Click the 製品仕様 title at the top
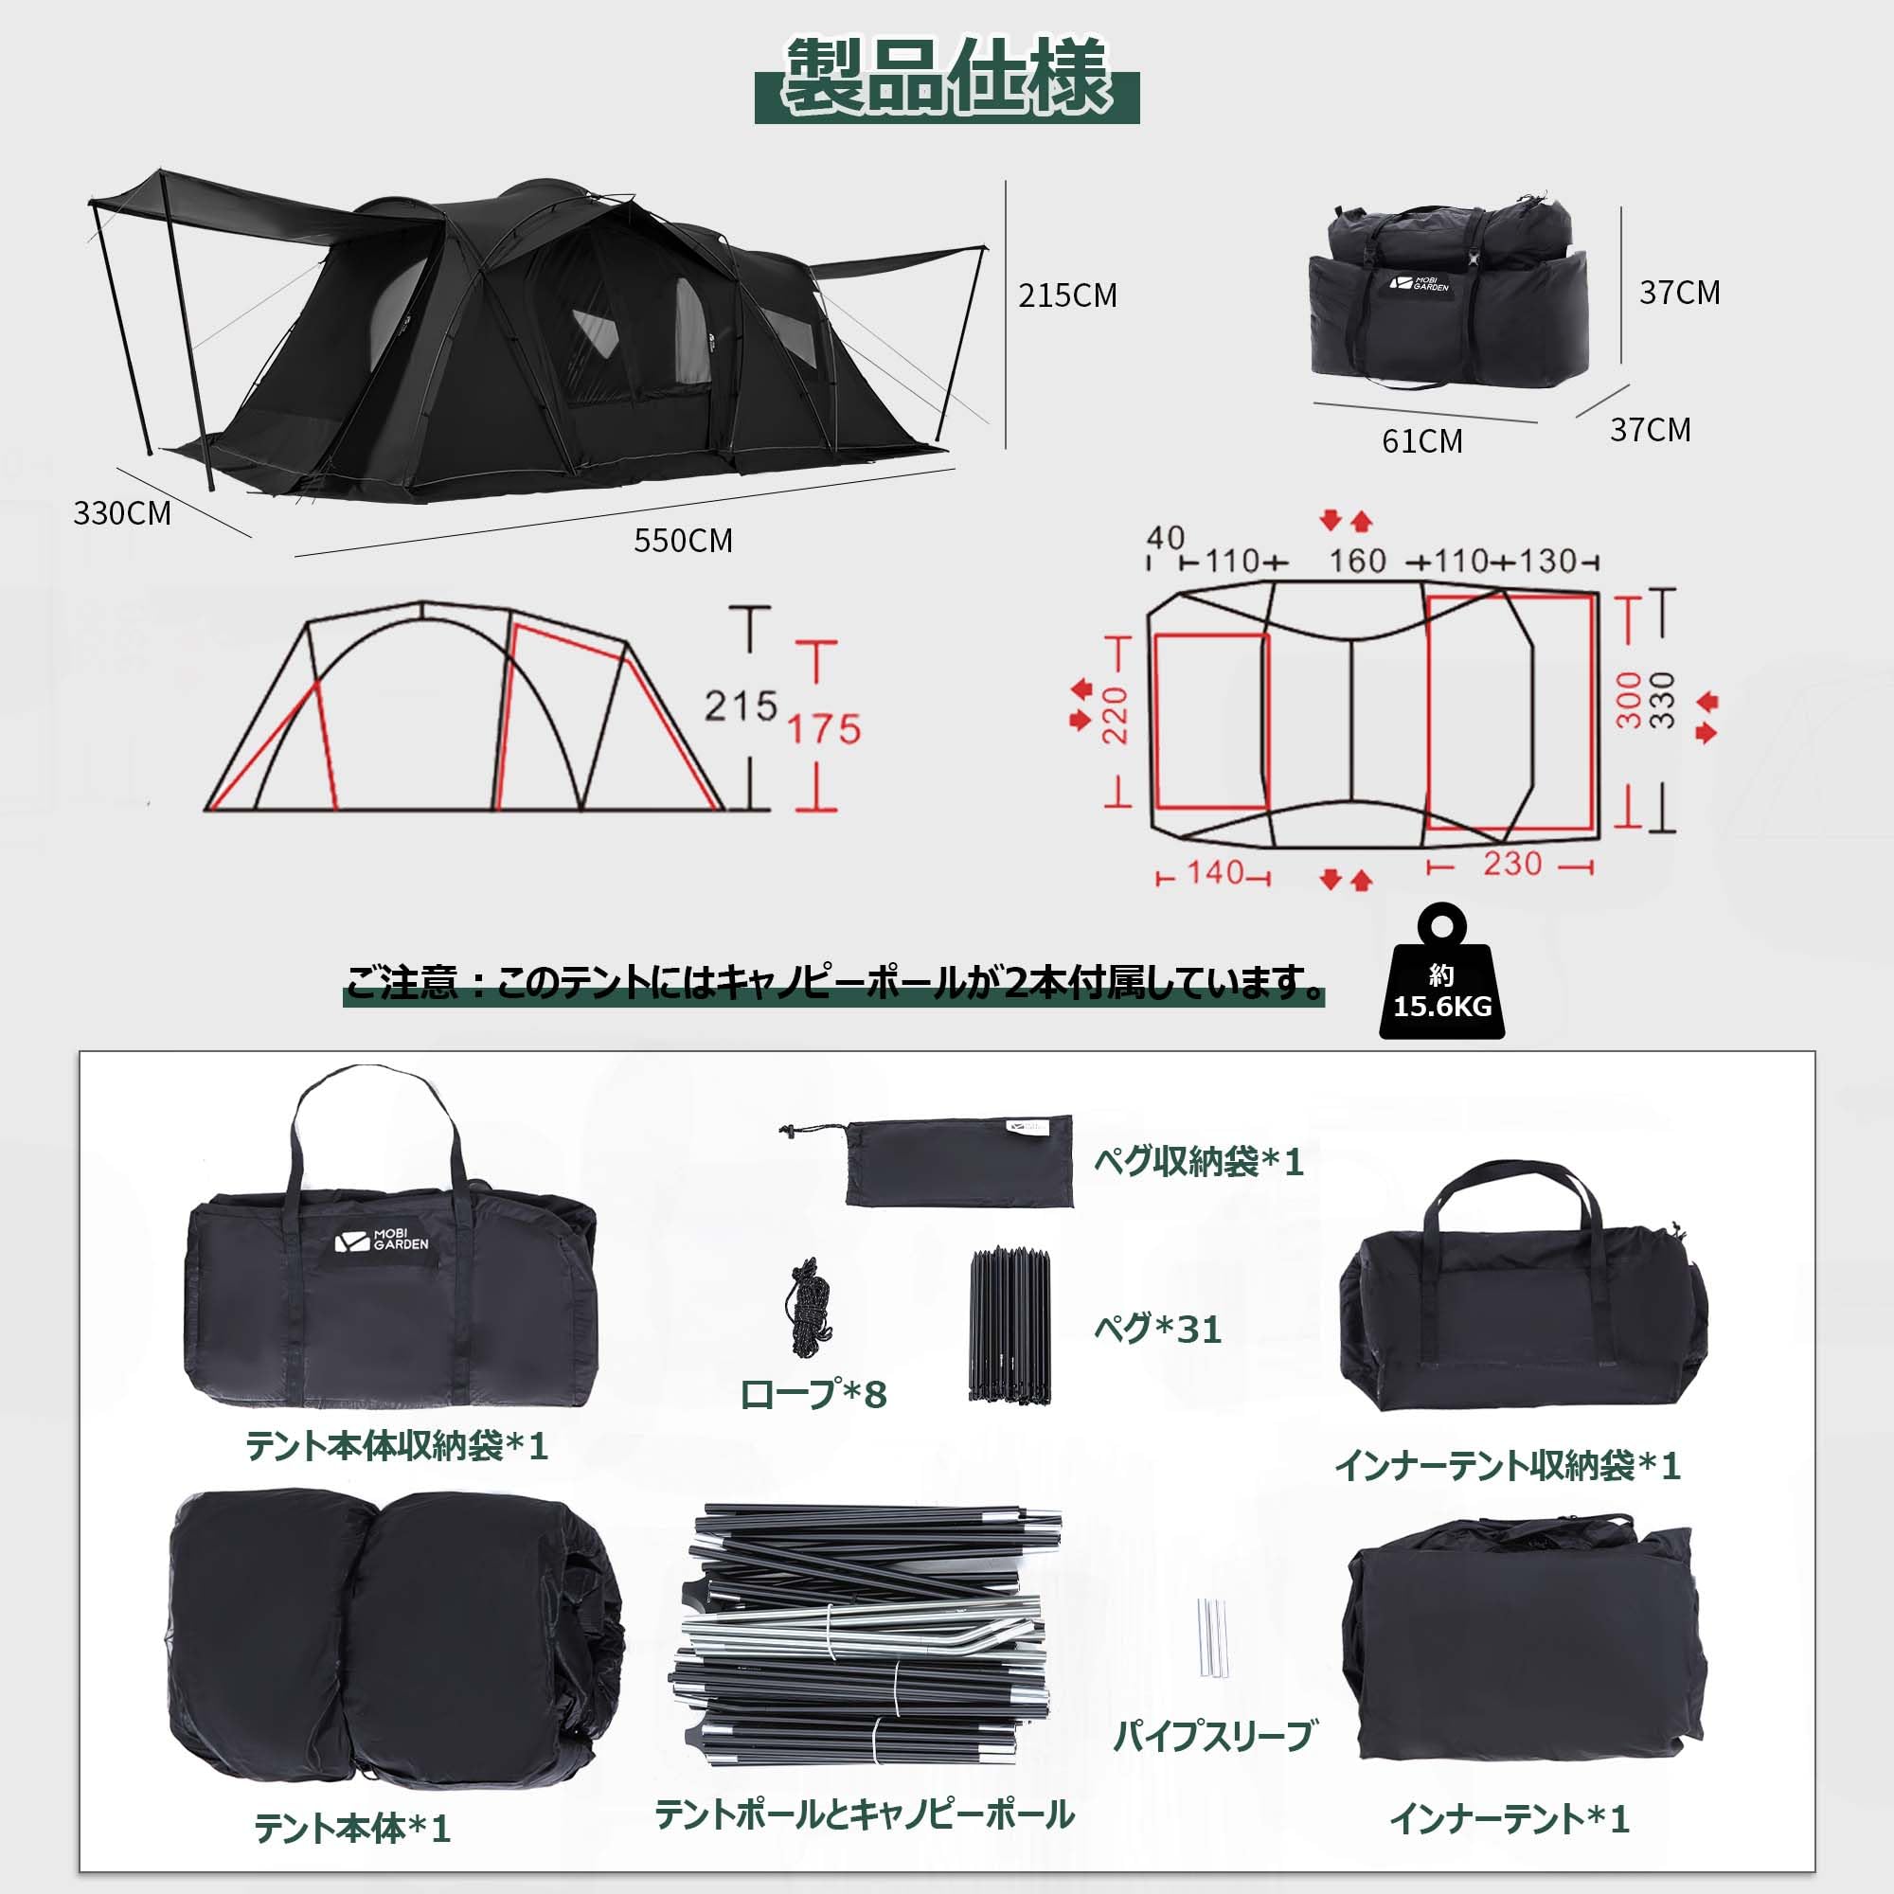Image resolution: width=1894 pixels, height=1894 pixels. click(947, 79)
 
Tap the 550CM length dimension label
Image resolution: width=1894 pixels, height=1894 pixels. click(684, 540)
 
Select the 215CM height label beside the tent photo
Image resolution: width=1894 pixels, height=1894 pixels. click(1067, 295)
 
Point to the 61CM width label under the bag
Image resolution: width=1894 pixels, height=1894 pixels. click(1421, 441)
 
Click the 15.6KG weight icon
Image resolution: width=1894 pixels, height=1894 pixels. click(1441, 980)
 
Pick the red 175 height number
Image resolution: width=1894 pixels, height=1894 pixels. click(825, 729)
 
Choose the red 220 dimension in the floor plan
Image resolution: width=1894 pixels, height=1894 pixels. click(1116, 716)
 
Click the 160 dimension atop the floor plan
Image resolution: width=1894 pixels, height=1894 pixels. click(1358, 561)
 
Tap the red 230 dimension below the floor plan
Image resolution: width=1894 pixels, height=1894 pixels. click(1511, 864)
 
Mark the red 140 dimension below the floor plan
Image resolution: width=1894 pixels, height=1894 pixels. click(1216, 871)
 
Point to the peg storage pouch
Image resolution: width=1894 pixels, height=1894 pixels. click(958, 1161)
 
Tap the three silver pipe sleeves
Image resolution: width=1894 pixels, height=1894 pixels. click(1212, 1639)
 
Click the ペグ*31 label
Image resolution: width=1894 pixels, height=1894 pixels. click(1158, 1330)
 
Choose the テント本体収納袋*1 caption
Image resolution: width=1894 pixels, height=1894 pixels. click(396, 1446)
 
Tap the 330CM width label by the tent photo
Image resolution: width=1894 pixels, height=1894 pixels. click(121, 512)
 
